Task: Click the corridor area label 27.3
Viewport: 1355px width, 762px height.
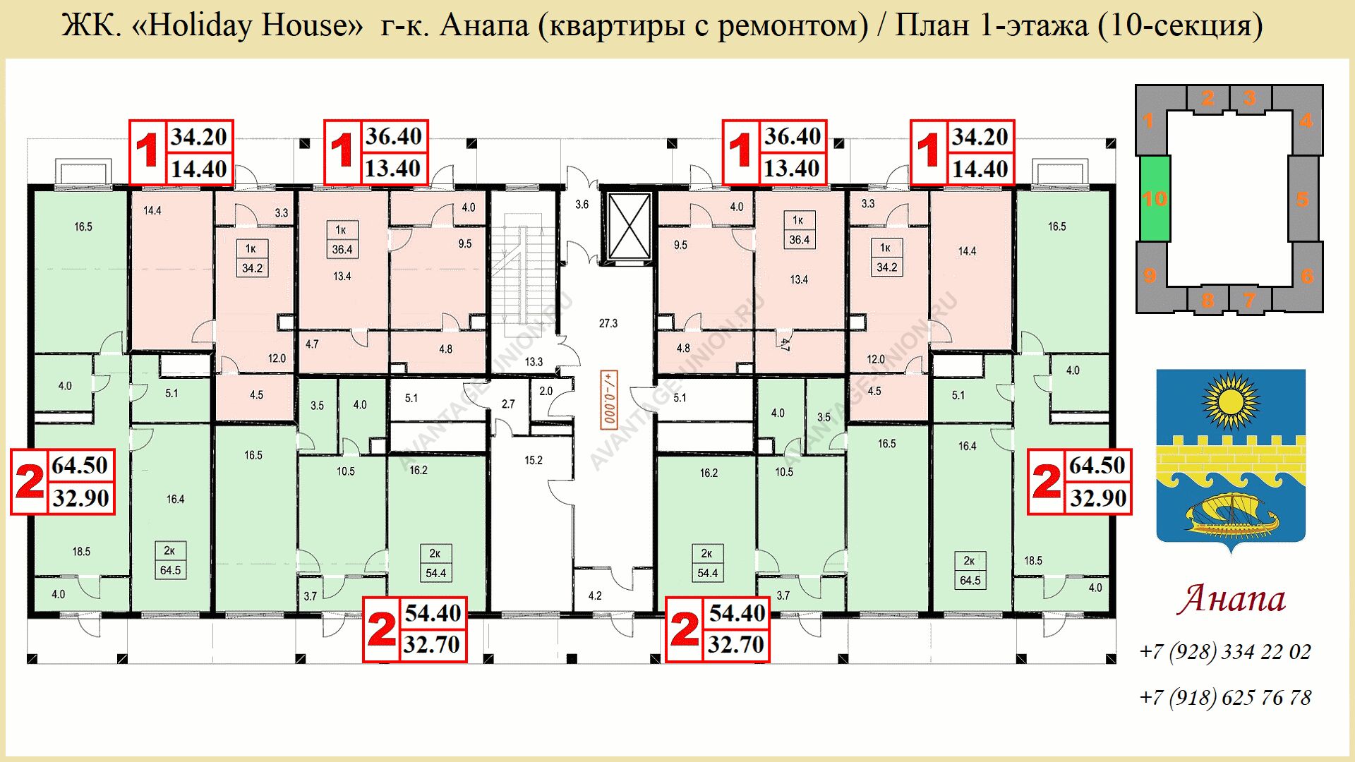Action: [x=608, y=323]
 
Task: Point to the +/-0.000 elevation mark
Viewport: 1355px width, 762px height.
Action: [x=608, y=399]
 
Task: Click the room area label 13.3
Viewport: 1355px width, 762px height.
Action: [x=534, y=362]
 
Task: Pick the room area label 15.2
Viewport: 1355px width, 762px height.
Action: [x=534, y=460]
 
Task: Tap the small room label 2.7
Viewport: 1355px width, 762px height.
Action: [x=508, y=404]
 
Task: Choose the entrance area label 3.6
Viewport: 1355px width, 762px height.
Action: [x=582, y=205]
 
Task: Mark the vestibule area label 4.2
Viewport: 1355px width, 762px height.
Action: [x=595, y=596]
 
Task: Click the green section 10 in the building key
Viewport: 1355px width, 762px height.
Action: [x=1155, y=198]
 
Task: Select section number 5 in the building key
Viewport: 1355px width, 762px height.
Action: [x=1303, y=199]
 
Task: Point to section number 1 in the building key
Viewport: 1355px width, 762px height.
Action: [x=1148, y=121]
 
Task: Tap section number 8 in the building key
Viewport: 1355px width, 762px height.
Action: [x=1208, y=300]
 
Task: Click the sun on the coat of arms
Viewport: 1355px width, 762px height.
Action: [x=1231, y=402]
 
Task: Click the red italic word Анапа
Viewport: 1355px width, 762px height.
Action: [x=1231, y=598]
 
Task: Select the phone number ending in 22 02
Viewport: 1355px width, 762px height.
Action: [x=1225, y=651]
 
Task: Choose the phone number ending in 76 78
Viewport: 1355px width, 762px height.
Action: [x=1225, y=697]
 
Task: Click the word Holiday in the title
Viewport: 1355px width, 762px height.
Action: [x=202, y=25]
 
